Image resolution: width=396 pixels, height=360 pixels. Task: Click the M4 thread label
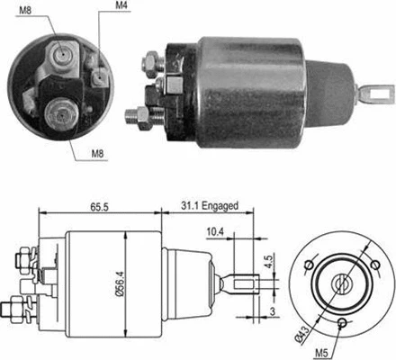click(x=121, y=8)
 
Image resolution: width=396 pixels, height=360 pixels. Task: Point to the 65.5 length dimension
click(x=100, y=207)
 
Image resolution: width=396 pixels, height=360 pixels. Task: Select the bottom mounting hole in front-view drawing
click(x=343, y=322)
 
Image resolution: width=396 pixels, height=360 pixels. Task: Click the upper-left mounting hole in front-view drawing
click(x=309, y=264)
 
